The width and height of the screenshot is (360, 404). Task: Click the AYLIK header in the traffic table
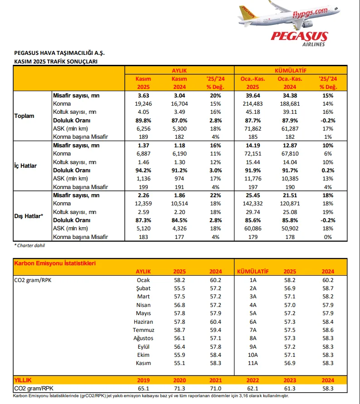tap(179, 70)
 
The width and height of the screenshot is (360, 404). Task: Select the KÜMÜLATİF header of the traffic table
tap(291, 70)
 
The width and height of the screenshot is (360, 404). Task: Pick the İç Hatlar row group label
tap(25, 165)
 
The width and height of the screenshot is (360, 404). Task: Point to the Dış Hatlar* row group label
tap(29, 216)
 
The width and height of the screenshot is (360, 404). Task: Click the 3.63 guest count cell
tap(144, 96)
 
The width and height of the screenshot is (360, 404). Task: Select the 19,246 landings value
tap(144, 104)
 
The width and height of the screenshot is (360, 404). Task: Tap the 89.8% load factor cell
tap(144, 121)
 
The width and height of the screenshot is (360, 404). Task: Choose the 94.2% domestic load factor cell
tap(144, 170)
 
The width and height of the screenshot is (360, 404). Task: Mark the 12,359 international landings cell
tap(144, 204)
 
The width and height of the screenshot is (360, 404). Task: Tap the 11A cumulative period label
tap(253, 363)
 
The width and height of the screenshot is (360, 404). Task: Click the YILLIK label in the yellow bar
tap(23, 380)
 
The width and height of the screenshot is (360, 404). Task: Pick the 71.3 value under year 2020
tap(180, 388)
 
